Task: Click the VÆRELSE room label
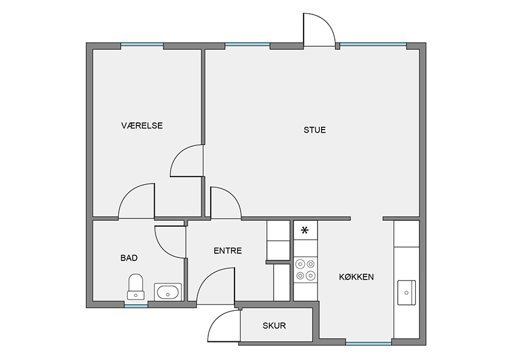point(142,125)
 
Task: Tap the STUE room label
point(314,130)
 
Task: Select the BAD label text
point(129,258)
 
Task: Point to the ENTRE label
point(227,251)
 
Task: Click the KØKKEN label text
point(356,277)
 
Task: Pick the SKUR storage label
point(274,326)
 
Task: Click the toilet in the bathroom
point(136,287)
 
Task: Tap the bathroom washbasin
point(168,292)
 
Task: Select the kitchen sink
point(407,293)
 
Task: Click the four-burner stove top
point(305,269)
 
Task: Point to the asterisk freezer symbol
point(305,230)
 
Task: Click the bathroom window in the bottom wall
point(136,306)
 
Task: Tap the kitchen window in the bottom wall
point(368,343)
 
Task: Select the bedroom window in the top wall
point(142,44)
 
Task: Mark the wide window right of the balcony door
point(373,44)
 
